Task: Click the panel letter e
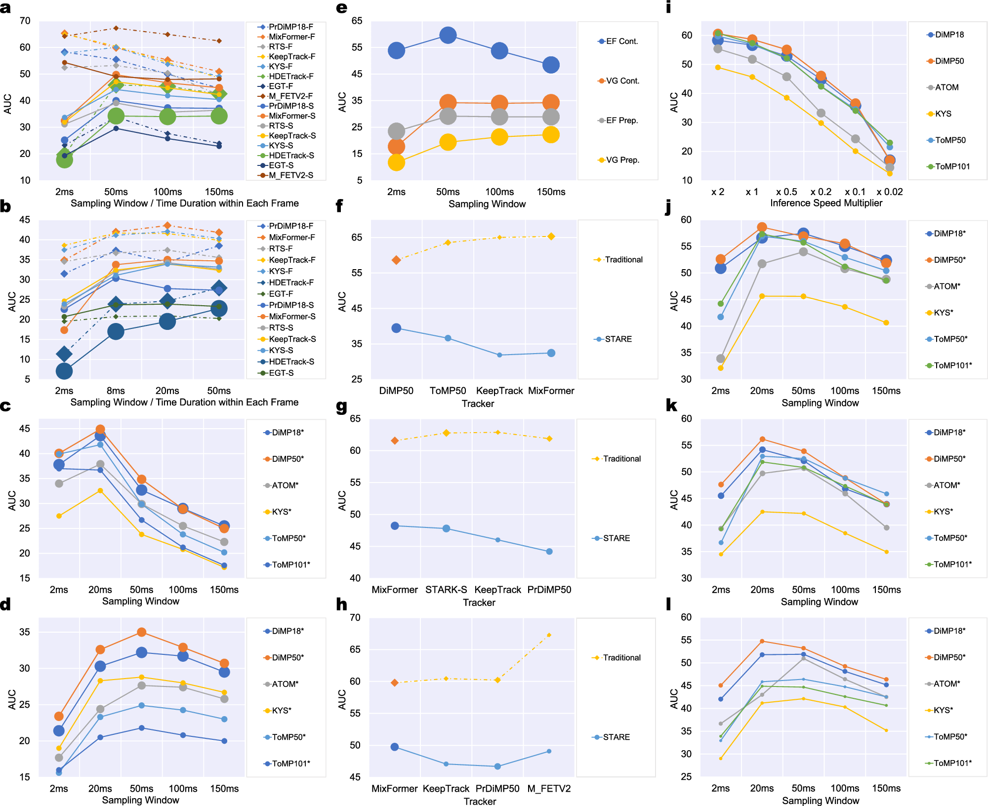click(341, 8)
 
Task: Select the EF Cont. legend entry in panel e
click(621, 41)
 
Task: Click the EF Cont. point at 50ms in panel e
click(448, 35)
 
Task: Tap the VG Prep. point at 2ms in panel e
click(396, 162)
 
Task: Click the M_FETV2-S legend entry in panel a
click(290, 175)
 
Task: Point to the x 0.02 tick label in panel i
click(889, 192)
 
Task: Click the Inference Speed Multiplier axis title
click(825, 203)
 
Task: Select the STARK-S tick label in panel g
click(446, 590)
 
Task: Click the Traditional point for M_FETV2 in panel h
click(549, 635)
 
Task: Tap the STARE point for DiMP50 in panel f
click(396, 328)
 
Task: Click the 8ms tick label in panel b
click(116, 391)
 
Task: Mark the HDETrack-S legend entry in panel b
click(291, 362)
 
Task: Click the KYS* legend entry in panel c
click(281, 512)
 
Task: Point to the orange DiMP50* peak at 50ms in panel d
click(141, 632)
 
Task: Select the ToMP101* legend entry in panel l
click(952, 763)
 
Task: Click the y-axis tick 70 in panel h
click(355, 617)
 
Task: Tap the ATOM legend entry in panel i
click(946, 87)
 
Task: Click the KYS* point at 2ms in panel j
click(720, 368)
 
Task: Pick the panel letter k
click(671, 405)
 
